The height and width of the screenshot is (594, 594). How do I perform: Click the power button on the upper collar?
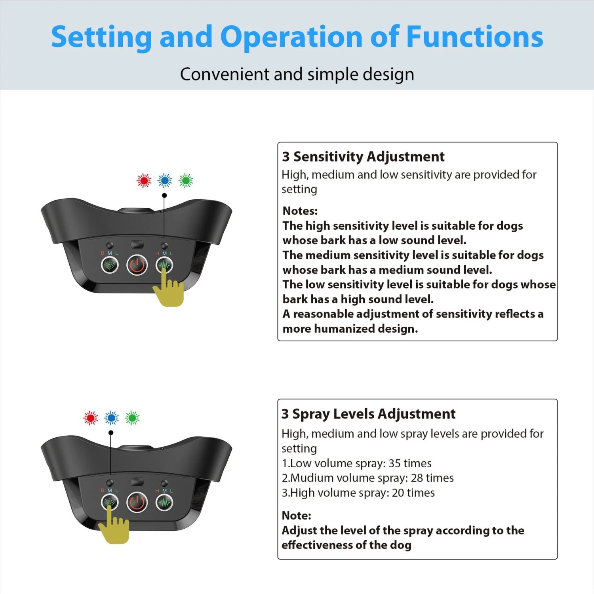point(137,265)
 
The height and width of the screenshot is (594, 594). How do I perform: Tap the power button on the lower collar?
point(137,503)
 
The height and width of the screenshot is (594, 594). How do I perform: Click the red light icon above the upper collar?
point(144,181)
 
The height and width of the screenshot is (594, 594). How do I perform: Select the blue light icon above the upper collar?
point(165,181)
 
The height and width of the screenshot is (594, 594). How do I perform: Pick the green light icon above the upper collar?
point(186,181)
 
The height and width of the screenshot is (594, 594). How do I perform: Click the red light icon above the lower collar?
point(91,418)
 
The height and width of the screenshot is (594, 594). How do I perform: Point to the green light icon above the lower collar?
point(132,418)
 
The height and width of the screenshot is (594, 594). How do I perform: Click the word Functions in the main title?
point(475,37)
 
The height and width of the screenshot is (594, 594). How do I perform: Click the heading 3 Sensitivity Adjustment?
point(363,157)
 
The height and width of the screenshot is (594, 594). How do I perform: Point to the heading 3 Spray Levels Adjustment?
point(369,414)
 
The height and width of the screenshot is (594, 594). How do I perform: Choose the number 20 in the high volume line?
point(398,493)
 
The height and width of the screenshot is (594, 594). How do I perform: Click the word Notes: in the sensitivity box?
point(300,211)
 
